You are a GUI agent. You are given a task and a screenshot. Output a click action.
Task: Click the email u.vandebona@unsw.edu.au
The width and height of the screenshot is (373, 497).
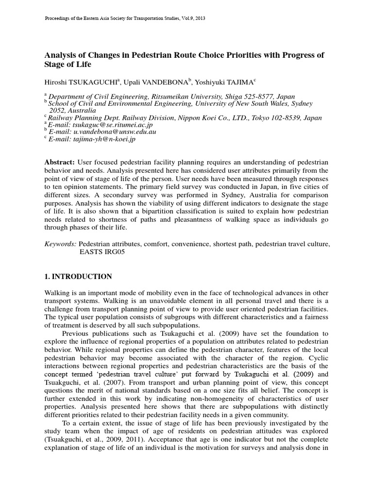click(x=107, y=132)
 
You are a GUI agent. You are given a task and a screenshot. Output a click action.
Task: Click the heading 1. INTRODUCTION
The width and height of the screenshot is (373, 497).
click(x=78, y=277)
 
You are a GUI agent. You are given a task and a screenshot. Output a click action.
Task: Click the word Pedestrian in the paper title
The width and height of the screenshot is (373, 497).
click(x=163, y=55)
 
